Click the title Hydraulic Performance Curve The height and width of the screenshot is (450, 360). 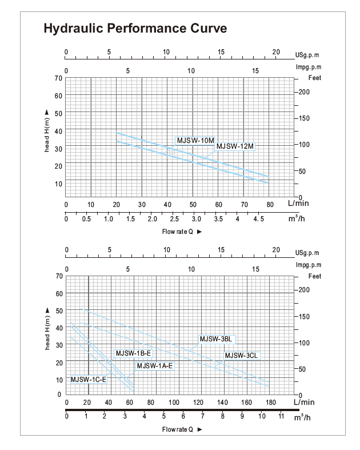click(x=135, y=29)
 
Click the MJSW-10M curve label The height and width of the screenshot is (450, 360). click(x=195, y=140)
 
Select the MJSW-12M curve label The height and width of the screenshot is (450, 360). click(x=234, y=146)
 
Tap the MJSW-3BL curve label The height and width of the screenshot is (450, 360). click(x=215, y=339)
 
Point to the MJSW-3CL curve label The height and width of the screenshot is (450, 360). click(x=242, y=355)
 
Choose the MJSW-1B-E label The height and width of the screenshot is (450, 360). click(x=133, y=353)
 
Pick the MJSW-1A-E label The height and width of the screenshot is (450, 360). click(x=154, y=365)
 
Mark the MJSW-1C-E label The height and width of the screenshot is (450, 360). click(x=89, y=379)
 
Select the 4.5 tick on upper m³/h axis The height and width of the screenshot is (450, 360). click(x=259, y=219)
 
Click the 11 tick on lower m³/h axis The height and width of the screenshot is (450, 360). click(x=281, y=417)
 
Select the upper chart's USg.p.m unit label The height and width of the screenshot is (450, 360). click(x=307, y=55)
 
